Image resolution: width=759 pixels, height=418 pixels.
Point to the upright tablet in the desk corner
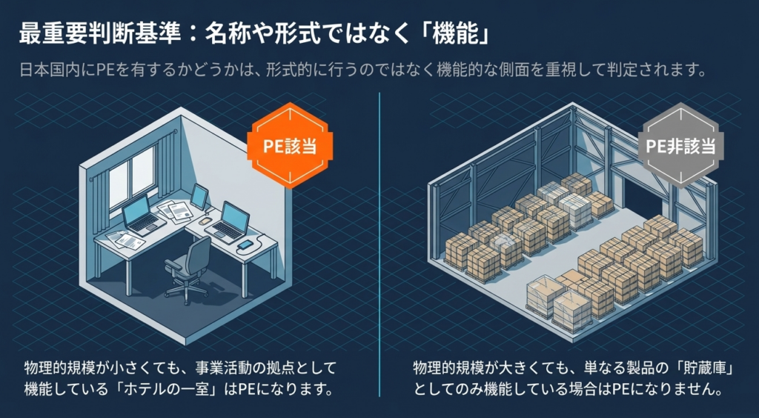[199, 196]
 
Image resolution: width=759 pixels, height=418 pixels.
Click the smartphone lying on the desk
[245, 244]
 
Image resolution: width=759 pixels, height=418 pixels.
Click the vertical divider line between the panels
[379, 245]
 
